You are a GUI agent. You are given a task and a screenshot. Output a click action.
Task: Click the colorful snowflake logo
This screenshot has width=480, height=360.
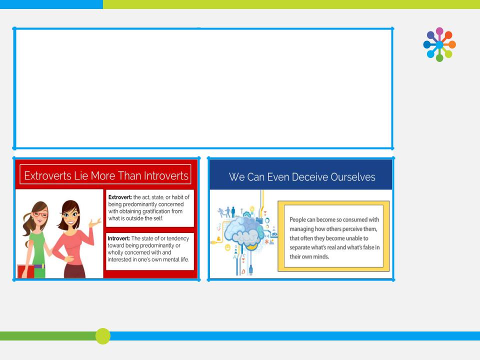pyautogui.click(x=439, y=44)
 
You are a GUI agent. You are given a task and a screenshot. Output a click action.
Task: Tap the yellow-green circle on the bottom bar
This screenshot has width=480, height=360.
pyautogui.click(x=103, y=336)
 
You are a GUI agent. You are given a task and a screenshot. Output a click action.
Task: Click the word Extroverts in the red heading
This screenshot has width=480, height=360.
pyautogui.click(x=47, y=175)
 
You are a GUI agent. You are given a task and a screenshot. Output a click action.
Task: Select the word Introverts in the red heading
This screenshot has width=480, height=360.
pyautogui.click(x=166, y=175)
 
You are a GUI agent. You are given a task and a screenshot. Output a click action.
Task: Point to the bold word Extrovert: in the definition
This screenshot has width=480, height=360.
pyautogui.click(x=120, y=197)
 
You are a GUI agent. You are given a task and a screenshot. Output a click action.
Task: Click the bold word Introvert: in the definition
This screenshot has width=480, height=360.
pyautogui.click(x=119, y=238)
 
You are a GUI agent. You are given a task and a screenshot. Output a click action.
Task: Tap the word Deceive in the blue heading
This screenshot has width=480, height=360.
pyautogui.click(x=307, y=177)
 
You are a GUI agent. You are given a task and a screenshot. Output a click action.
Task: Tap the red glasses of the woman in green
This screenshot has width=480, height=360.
pyautogui.click(x=40, y=214)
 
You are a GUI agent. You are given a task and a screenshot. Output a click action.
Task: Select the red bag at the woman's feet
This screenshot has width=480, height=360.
pyautogui.click(x=25, y=271)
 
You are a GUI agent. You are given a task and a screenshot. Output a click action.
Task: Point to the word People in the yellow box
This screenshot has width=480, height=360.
pyautogui.click(x=297, y=219)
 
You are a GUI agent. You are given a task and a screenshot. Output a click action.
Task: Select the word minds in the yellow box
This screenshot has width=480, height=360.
pyautogui.click(x=321, y=256)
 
